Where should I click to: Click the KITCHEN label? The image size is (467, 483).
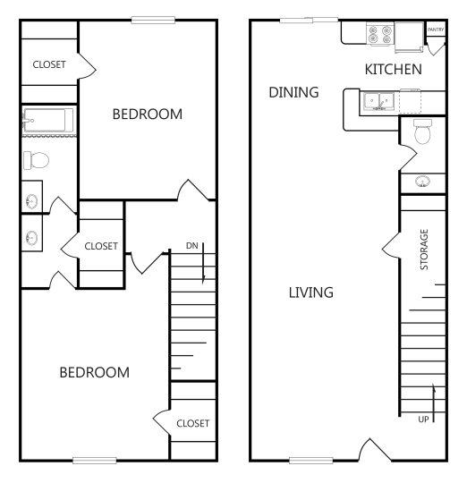[393, 70]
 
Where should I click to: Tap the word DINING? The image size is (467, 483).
[293, 92]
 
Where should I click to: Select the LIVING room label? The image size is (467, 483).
[310, 292]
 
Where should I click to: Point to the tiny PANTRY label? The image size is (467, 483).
[436, 30]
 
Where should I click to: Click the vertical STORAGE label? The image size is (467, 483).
[424, 250]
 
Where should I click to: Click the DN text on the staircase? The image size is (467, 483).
[191, 245]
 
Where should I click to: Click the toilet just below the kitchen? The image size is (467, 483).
[423, 135]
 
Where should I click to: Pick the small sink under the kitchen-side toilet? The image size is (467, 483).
[423, 182]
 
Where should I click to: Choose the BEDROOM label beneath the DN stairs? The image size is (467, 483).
[94, 372]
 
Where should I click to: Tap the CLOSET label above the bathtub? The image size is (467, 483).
[48, 64]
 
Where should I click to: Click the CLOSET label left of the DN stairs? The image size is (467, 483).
[101, 246]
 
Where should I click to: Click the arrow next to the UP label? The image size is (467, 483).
[434, 402]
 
